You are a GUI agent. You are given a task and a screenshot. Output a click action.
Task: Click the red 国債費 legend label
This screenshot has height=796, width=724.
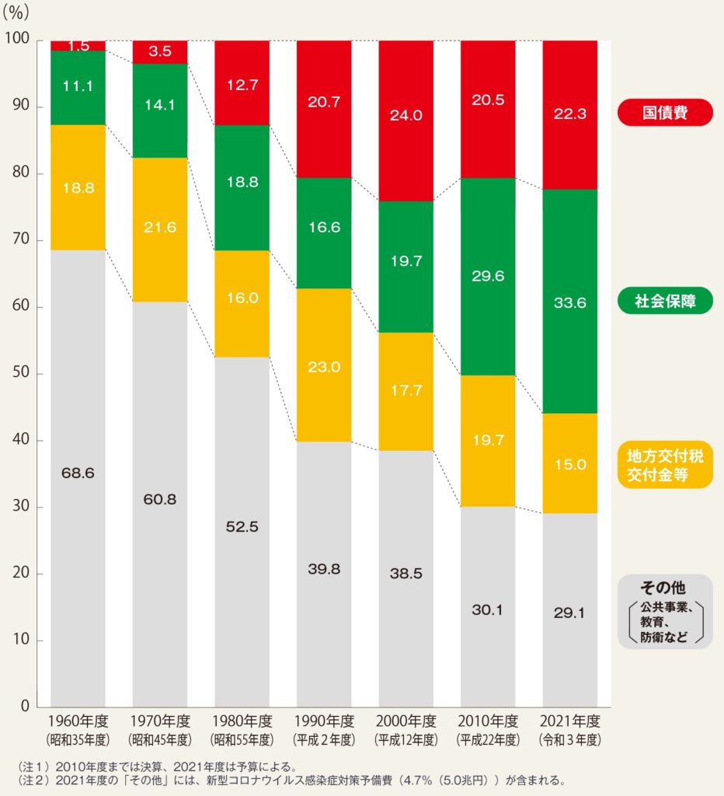[x=665, y=113]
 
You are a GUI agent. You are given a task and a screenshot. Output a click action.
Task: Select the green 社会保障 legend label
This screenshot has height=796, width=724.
[x=665, y=301]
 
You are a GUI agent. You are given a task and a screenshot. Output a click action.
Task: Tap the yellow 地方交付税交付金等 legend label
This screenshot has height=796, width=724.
[x=665, y=465]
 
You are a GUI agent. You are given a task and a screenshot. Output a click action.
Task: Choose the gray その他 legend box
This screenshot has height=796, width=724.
[x=665, y=612]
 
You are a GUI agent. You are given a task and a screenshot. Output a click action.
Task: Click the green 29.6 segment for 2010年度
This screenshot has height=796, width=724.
[x=488, y=277]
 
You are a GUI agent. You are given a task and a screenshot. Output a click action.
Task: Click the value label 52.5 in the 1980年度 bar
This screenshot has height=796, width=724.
[x=242, y=526]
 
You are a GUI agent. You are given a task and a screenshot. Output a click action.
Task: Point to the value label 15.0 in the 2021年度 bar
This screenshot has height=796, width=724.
[x=570, y=465]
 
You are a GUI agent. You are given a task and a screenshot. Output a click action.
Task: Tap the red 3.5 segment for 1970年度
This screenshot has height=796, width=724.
[x=160, y=52]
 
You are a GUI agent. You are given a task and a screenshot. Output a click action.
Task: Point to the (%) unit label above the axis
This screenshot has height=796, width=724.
[x=21, y=13]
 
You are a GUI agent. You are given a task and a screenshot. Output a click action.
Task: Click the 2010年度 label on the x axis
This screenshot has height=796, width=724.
[x=488, y=721]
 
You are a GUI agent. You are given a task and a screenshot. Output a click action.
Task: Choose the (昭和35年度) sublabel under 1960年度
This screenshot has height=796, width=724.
[x=78, y=738]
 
